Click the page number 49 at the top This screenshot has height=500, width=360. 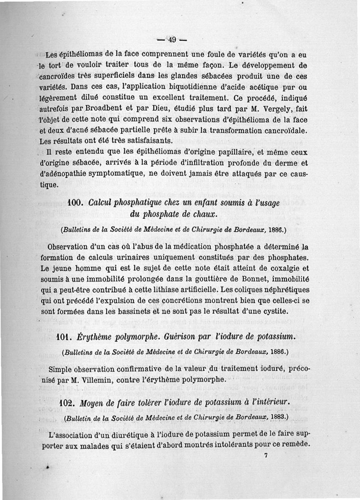click(x=171, y=39)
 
